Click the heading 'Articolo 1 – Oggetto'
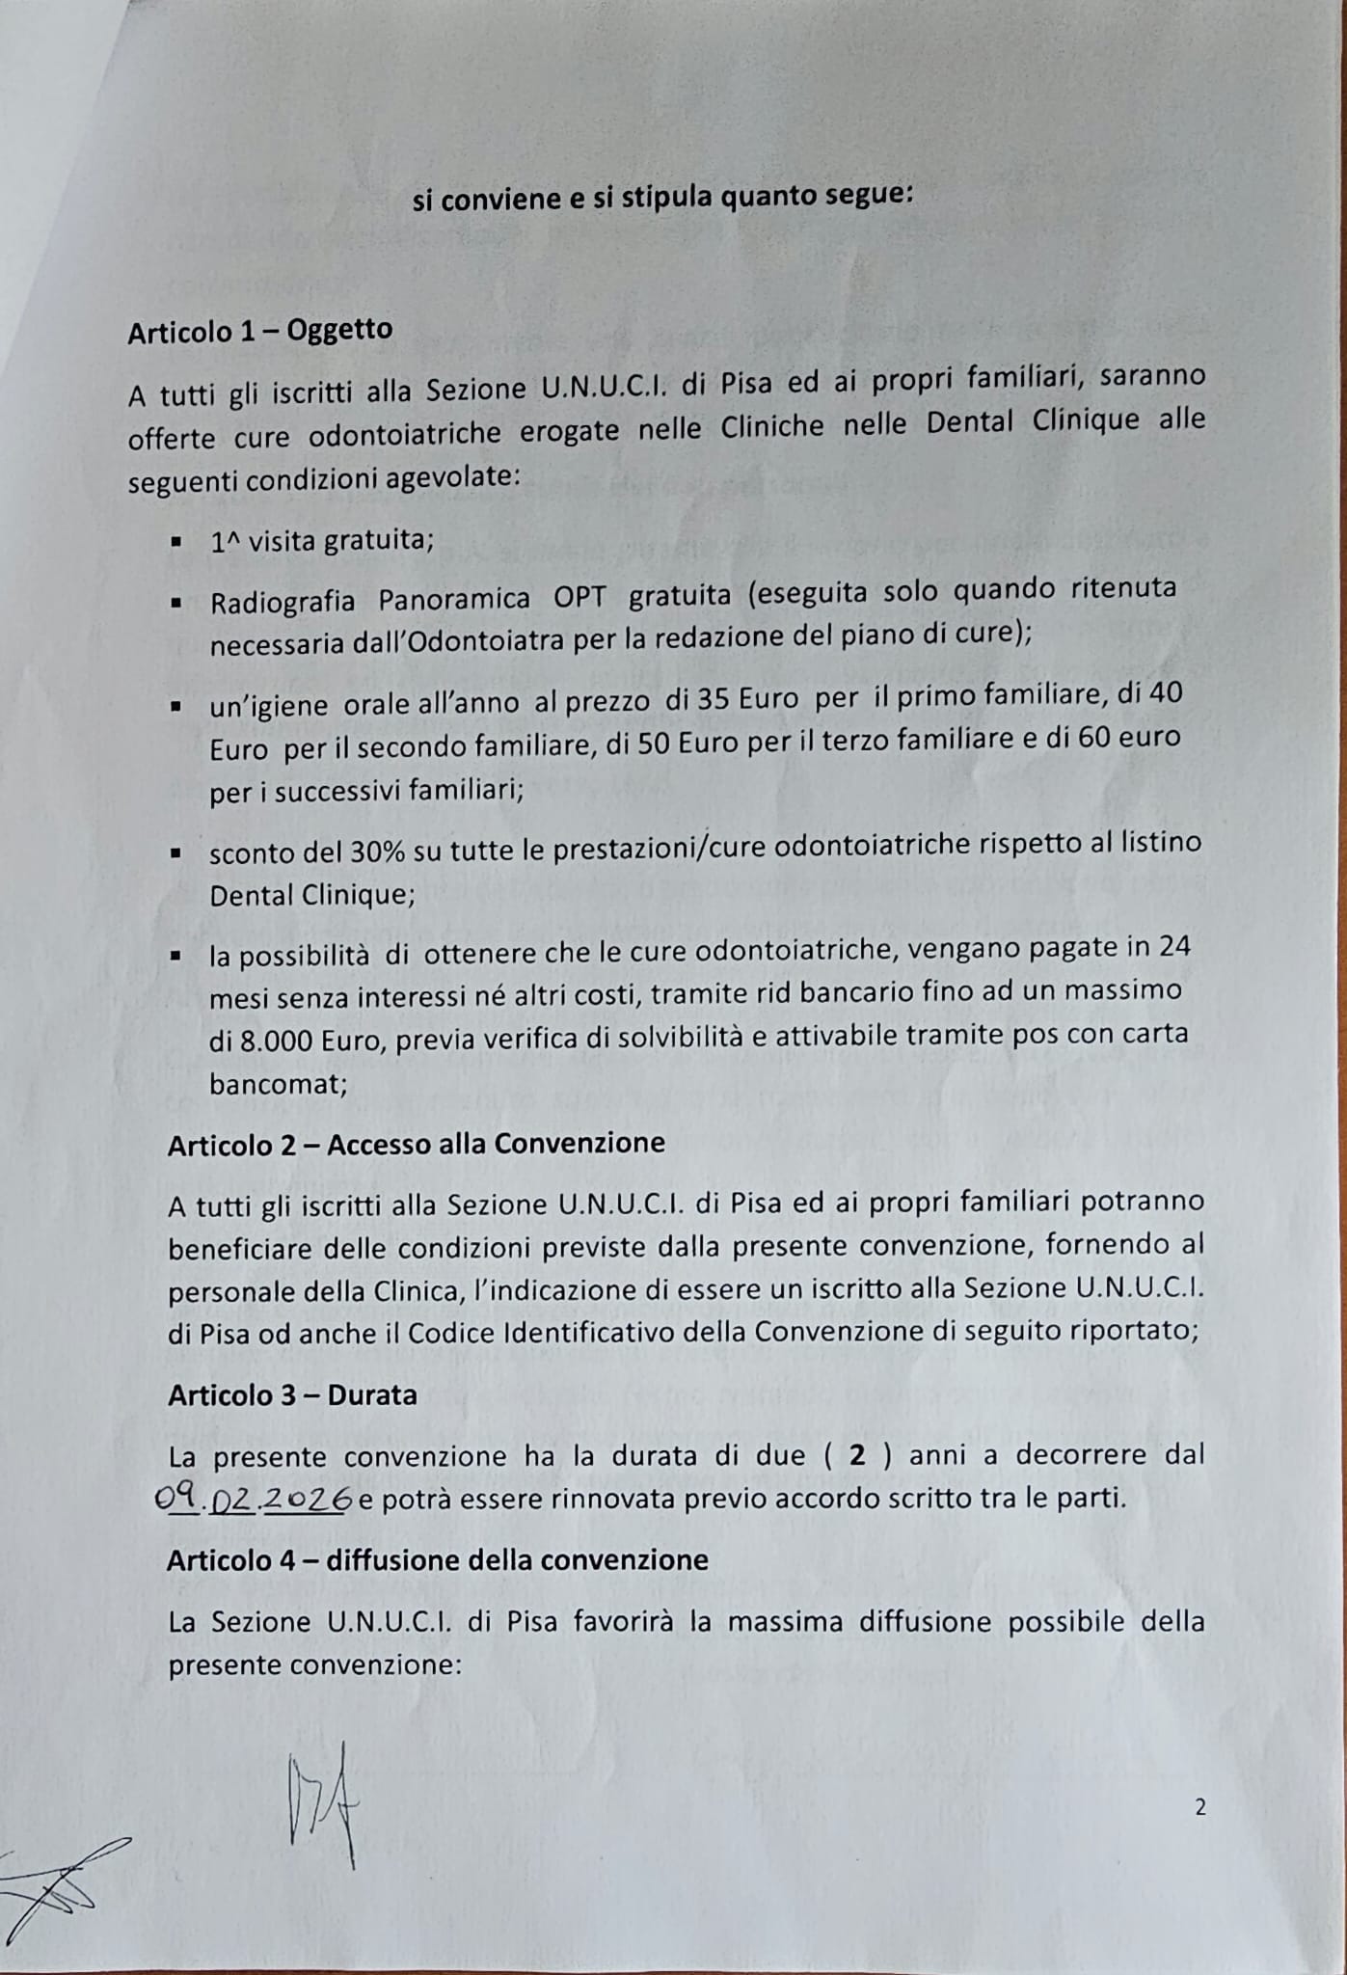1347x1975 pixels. point(259,331)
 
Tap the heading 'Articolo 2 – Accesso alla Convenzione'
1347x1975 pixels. point(416,1144)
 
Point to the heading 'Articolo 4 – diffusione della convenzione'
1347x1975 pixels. point(437,1559)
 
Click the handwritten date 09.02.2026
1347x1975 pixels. point(255,1500)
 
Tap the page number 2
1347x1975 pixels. point(1199,1808)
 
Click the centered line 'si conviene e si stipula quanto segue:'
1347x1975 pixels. point(662,198)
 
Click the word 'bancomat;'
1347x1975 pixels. point(278,1083)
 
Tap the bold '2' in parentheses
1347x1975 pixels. point(856,1454)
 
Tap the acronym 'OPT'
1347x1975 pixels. point(579,597)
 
